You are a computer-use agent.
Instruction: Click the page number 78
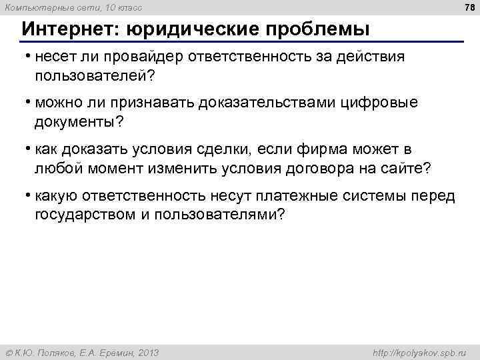click(469, 7)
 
